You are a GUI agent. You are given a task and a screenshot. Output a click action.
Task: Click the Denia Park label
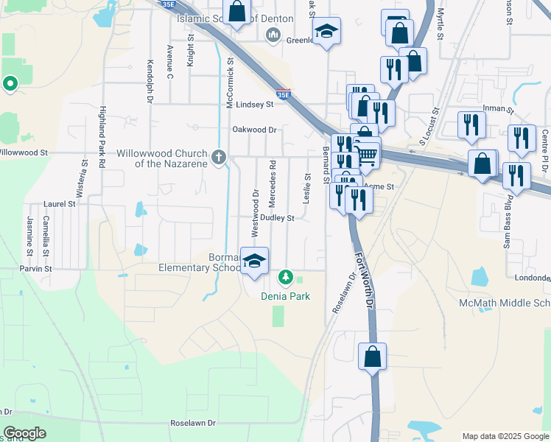285,296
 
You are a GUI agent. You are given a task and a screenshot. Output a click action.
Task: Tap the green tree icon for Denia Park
285,278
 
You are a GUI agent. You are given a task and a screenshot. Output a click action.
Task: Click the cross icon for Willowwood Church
218,156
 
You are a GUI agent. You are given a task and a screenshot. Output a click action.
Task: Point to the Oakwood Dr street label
254,130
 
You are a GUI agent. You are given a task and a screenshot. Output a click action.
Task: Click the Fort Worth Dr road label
365,281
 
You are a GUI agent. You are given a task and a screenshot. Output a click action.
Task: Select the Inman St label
497,108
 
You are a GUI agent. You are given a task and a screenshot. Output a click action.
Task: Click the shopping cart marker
366,155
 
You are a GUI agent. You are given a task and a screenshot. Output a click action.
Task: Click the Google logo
24,433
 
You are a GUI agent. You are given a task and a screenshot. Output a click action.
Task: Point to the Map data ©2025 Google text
505,436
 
